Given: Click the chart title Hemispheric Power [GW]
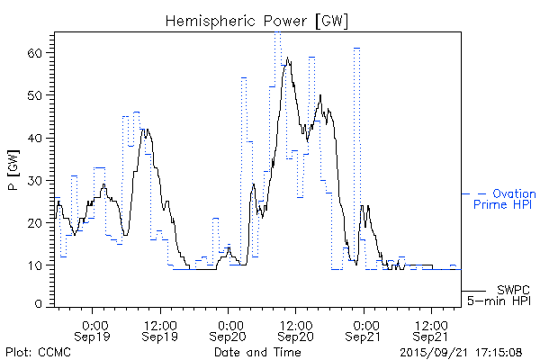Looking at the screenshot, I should (x=256, y=20).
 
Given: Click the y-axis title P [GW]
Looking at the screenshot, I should (x=13, y=166).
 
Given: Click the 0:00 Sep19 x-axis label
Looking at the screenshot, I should (x=94, y=330).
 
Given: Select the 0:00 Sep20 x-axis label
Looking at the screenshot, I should (x=229, y=330).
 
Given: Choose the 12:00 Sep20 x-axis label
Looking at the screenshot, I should (x=297, y=330).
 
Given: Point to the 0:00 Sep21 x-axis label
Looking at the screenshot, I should (x=364, y=330).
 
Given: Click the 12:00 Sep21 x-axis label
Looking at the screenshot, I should (x=432, y=330).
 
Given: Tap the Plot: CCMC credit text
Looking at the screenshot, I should (x=38, y=351).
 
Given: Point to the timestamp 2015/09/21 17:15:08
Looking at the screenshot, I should (x=462, y=351).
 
